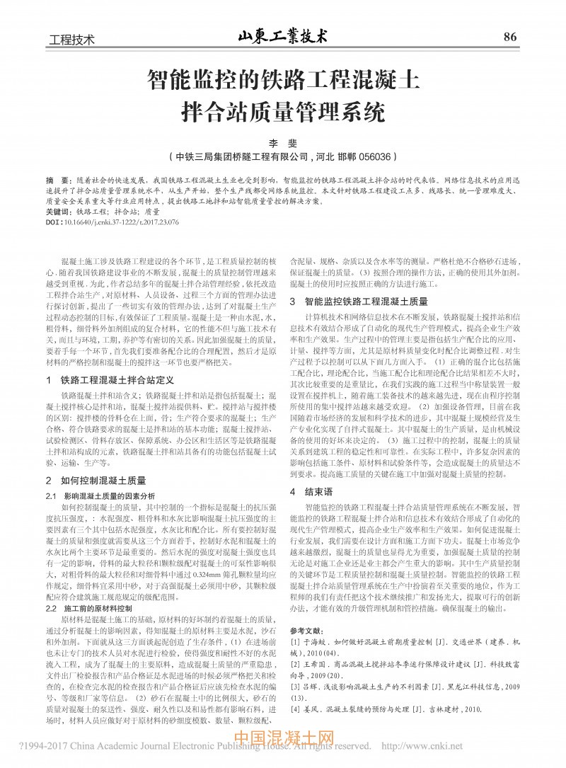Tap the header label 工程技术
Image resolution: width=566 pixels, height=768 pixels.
71,39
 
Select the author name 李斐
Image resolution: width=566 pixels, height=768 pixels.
282,143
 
